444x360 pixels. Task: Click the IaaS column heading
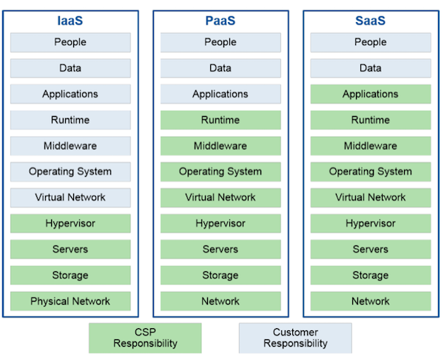point(70,21)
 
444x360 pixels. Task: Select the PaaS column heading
point(221,21)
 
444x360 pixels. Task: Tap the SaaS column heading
point(371,21)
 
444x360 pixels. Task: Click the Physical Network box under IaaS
point(70,301)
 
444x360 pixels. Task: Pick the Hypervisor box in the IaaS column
point(70,223)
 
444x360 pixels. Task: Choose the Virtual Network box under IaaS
point(70,197)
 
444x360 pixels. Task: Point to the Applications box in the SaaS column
point(371,94)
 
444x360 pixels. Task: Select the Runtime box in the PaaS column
point(221,120)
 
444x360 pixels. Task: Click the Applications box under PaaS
point(221,94)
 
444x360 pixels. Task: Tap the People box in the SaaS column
point(371,42)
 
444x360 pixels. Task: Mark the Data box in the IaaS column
point(70,68)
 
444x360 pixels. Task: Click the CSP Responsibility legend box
point(145,338)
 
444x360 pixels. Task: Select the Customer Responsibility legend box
point(295,338)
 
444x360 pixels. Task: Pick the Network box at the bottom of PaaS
point(221,301)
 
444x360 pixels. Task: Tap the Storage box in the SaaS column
point(371,275)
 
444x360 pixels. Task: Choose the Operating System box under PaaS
point(221,171)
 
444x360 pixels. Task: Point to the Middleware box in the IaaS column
point(70,146)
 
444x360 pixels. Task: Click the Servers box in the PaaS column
point(221,249)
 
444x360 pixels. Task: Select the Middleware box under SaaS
point(371,146)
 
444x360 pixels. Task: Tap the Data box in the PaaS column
point(221,68)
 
